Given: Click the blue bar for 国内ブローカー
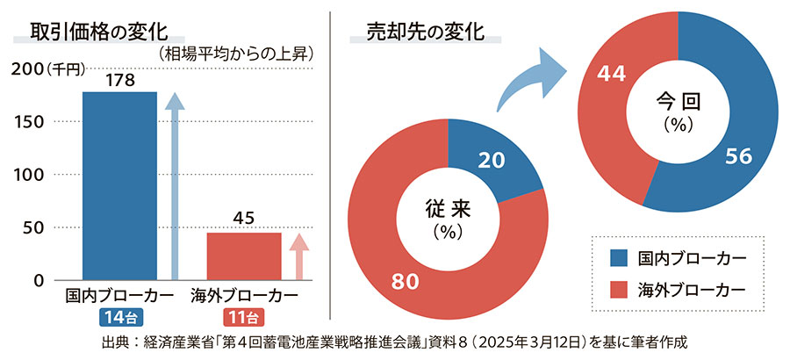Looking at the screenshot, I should [x=119, y=186].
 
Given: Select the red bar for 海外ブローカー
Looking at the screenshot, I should [x=244, y=256].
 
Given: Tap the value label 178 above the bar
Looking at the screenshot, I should [x=119, y=80].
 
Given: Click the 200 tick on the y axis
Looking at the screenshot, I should [x=27, y=68].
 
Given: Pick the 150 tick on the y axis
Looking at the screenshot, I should [x=27, y=121].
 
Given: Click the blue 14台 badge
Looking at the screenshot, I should [x=119, y=317].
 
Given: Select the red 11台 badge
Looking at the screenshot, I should [x=244, y=317].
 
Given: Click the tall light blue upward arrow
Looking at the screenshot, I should [x=175, y=184].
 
